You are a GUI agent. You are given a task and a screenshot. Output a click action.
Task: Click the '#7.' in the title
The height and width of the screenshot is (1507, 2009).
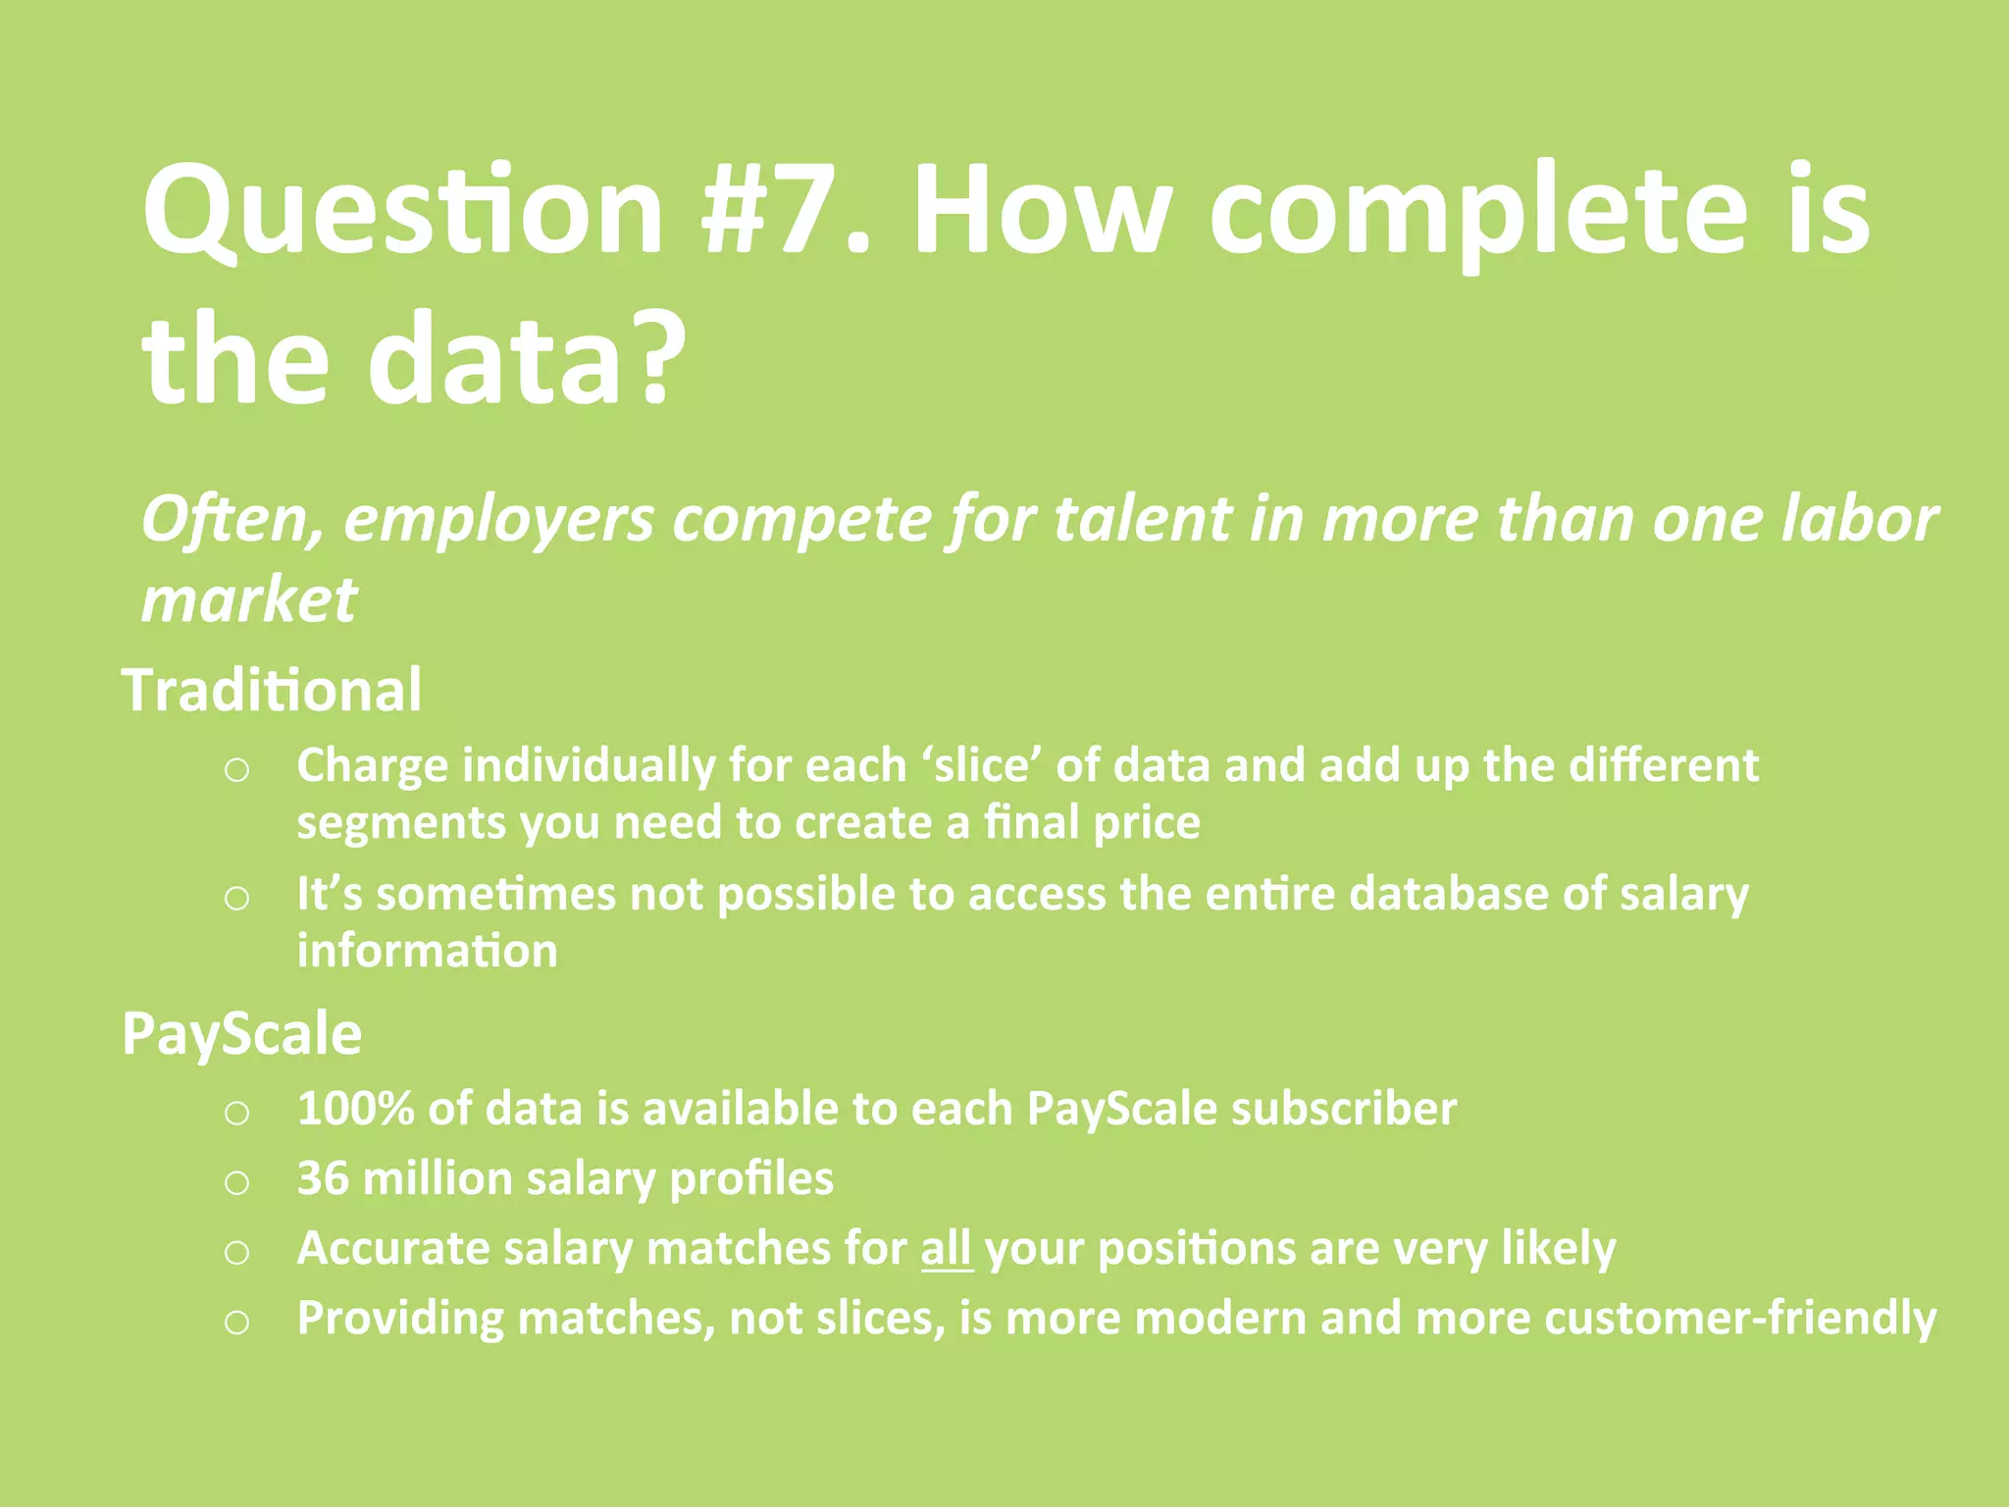pyautogui.click(x=785, y=211)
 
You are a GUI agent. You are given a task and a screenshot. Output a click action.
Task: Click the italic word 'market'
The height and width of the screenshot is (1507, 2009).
pyautogui.click(x=249, y=599)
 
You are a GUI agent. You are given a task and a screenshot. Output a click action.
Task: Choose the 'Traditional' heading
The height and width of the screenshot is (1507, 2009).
pyautogui.click(x=272, y=690)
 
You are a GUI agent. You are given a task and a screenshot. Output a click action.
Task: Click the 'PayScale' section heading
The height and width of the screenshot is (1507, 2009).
pyautogui.click(x=241, y=1034)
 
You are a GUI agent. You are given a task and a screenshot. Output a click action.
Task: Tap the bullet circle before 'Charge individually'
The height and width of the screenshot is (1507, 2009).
pyautogui.click(x=236, y=770)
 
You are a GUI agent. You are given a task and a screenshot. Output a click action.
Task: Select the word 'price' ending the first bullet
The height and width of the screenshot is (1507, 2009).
pyautogui.click(x=1146, y=822)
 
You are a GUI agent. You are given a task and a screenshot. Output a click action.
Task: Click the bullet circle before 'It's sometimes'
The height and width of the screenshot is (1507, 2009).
pyautogui.click(x=236, y=898)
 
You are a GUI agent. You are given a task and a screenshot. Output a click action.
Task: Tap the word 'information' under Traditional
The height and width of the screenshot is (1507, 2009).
pyautogui.click(x=428, y=951)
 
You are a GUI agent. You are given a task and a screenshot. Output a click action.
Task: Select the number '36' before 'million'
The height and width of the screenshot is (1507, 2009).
pyautogui.click(x=323, y=1178)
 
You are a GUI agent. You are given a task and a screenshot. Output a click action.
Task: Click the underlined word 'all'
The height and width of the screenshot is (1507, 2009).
pyautogui.click(x=947, y=1249)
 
